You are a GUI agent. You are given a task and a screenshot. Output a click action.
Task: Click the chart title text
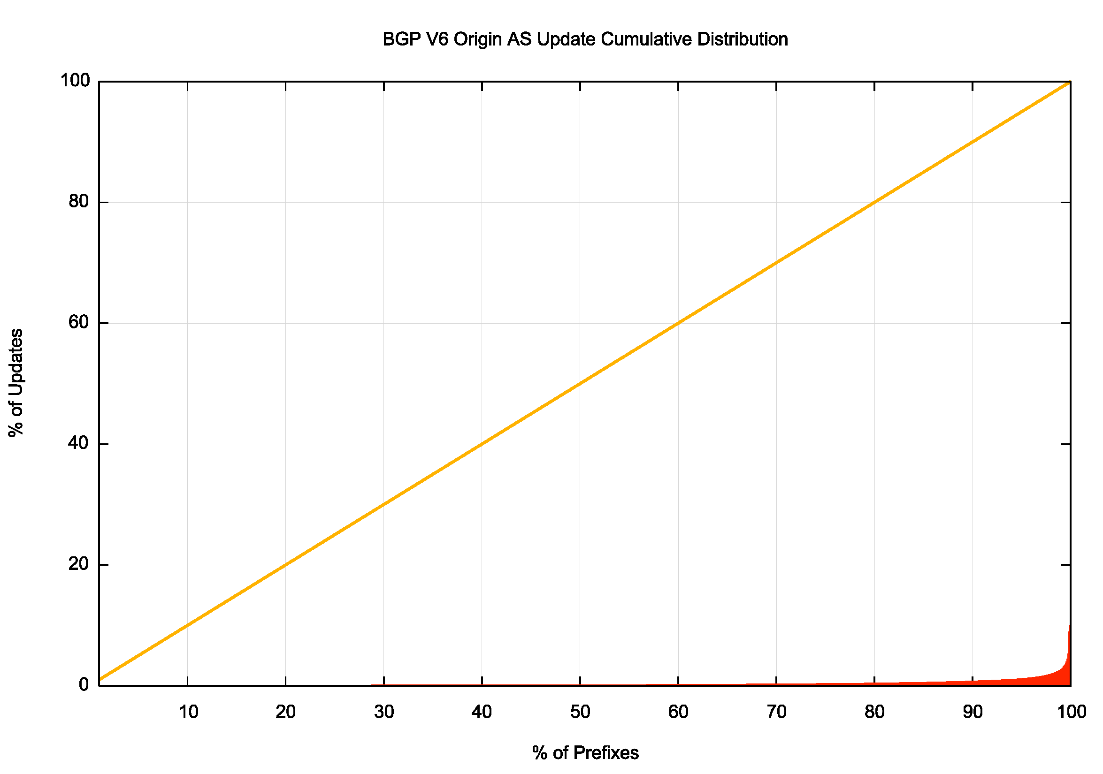click(585, 39)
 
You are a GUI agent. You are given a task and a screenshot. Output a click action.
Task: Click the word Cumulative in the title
click(646, 39)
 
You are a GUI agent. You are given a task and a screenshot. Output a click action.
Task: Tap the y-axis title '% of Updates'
click(16, 383)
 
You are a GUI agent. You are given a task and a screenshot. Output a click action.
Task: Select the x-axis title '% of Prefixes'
click(585, 752)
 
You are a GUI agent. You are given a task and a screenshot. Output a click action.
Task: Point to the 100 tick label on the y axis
click(75, 81)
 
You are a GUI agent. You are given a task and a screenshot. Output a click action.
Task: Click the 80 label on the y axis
click(79, 202)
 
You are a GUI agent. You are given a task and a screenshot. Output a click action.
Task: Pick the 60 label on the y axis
click(79, 322)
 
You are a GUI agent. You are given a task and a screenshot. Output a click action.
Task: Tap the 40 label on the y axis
click(79, 443)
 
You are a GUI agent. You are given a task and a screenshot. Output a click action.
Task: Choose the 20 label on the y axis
click(79, 564)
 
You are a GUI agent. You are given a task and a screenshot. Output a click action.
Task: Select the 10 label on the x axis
click(188, 712)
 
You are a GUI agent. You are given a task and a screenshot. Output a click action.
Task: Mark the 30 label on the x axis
click(384, 712)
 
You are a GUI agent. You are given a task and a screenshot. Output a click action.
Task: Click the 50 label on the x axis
click(580, 712)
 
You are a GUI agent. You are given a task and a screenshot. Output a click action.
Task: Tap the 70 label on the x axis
click(776, 712)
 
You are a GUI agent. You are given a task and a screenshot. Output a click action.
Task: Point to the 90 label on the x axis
click(972, 712)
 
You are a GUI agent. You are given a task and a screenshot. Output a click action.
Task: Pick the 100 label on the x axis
click(1071, 712)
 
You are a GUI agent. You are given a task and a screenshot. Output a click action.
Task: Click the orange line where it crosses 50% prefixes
click(580, 383)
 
